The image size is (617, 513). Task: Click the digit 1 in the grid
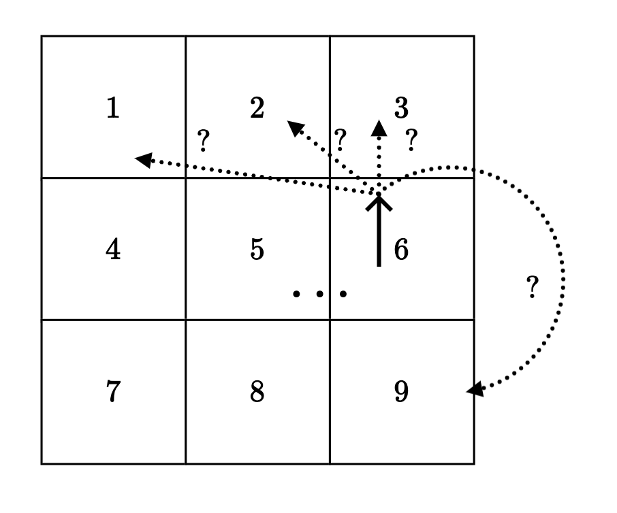tap(113, 108)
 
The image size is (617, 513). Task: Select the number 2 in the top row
tap(257, 108)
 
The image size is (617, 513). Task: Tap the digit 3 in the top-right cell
tap(401, 108)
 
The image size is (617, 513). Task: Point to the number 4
tap(113, 250)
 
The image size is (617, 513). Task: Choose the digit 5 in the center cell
tap(257, 250)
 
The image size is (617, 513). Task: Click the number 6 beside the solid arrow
tap(401, 250)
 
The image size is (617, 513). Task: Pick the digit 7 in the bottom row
tap(113, 393)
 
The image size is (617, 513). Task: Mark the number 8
tap(257, 393)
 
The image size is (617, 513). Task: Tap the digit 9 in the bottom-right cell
tap(401, 393)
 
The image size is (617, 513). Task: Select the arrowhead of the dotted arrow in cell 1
tap(142, 159)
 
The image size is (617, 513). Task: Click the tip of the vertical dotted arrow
tap(379, 127)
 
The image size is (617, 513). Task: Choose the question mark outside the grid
tap(533, 288)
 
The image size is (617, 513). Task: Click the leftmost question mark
tap(202, 141)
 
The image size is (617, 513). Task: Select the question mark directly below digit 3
tap(411, 140)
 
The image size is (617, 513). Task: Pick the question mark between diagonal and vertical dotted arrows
tap(341, 140)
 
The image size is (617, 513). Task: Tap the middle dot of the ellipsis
tap(319, 294)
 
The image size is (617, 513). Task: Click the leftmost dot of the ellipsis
tap(296, 294)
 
